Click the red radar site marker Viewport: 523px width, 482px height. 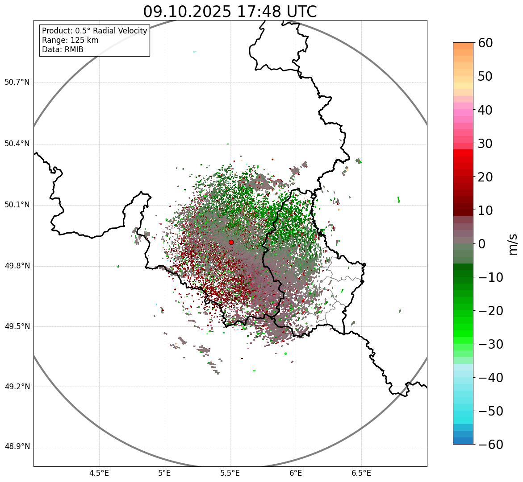[x=231, y=242]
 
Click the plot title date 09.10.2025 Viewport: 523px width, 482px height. [x=187, y=12]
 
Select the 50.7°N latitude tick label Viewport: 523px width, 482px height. [x=17, y=82]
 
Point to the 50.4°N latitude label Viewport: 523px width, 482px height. [x=17, y=144]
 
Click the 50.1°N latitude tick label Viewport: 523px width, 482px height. [x=17, y=205]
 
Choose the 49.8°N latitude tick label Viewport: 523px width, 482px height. [x=17, y=266]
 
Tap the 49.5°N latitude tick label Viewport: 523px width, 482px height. [x=17, y=327]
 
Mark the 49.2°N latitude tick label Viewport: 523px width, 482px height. [x=17, y=387]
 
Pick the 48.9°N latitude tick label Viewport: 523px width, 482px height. [x=17, y=447]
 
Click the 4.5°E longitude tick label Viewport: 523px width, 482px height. [x=99, y=473]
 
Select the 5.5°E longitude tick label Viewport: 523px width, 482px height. [x=230, y=473]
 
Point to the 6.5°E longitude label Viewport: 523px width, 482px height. [x=361, y=473]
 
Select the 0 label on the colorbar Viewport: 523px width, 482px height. [x=481, y=244]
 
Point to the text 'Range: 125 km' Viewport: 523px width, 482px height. [x=70, y=40]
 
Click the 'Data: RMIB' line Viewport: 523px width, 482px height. [x=63, y=49]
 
